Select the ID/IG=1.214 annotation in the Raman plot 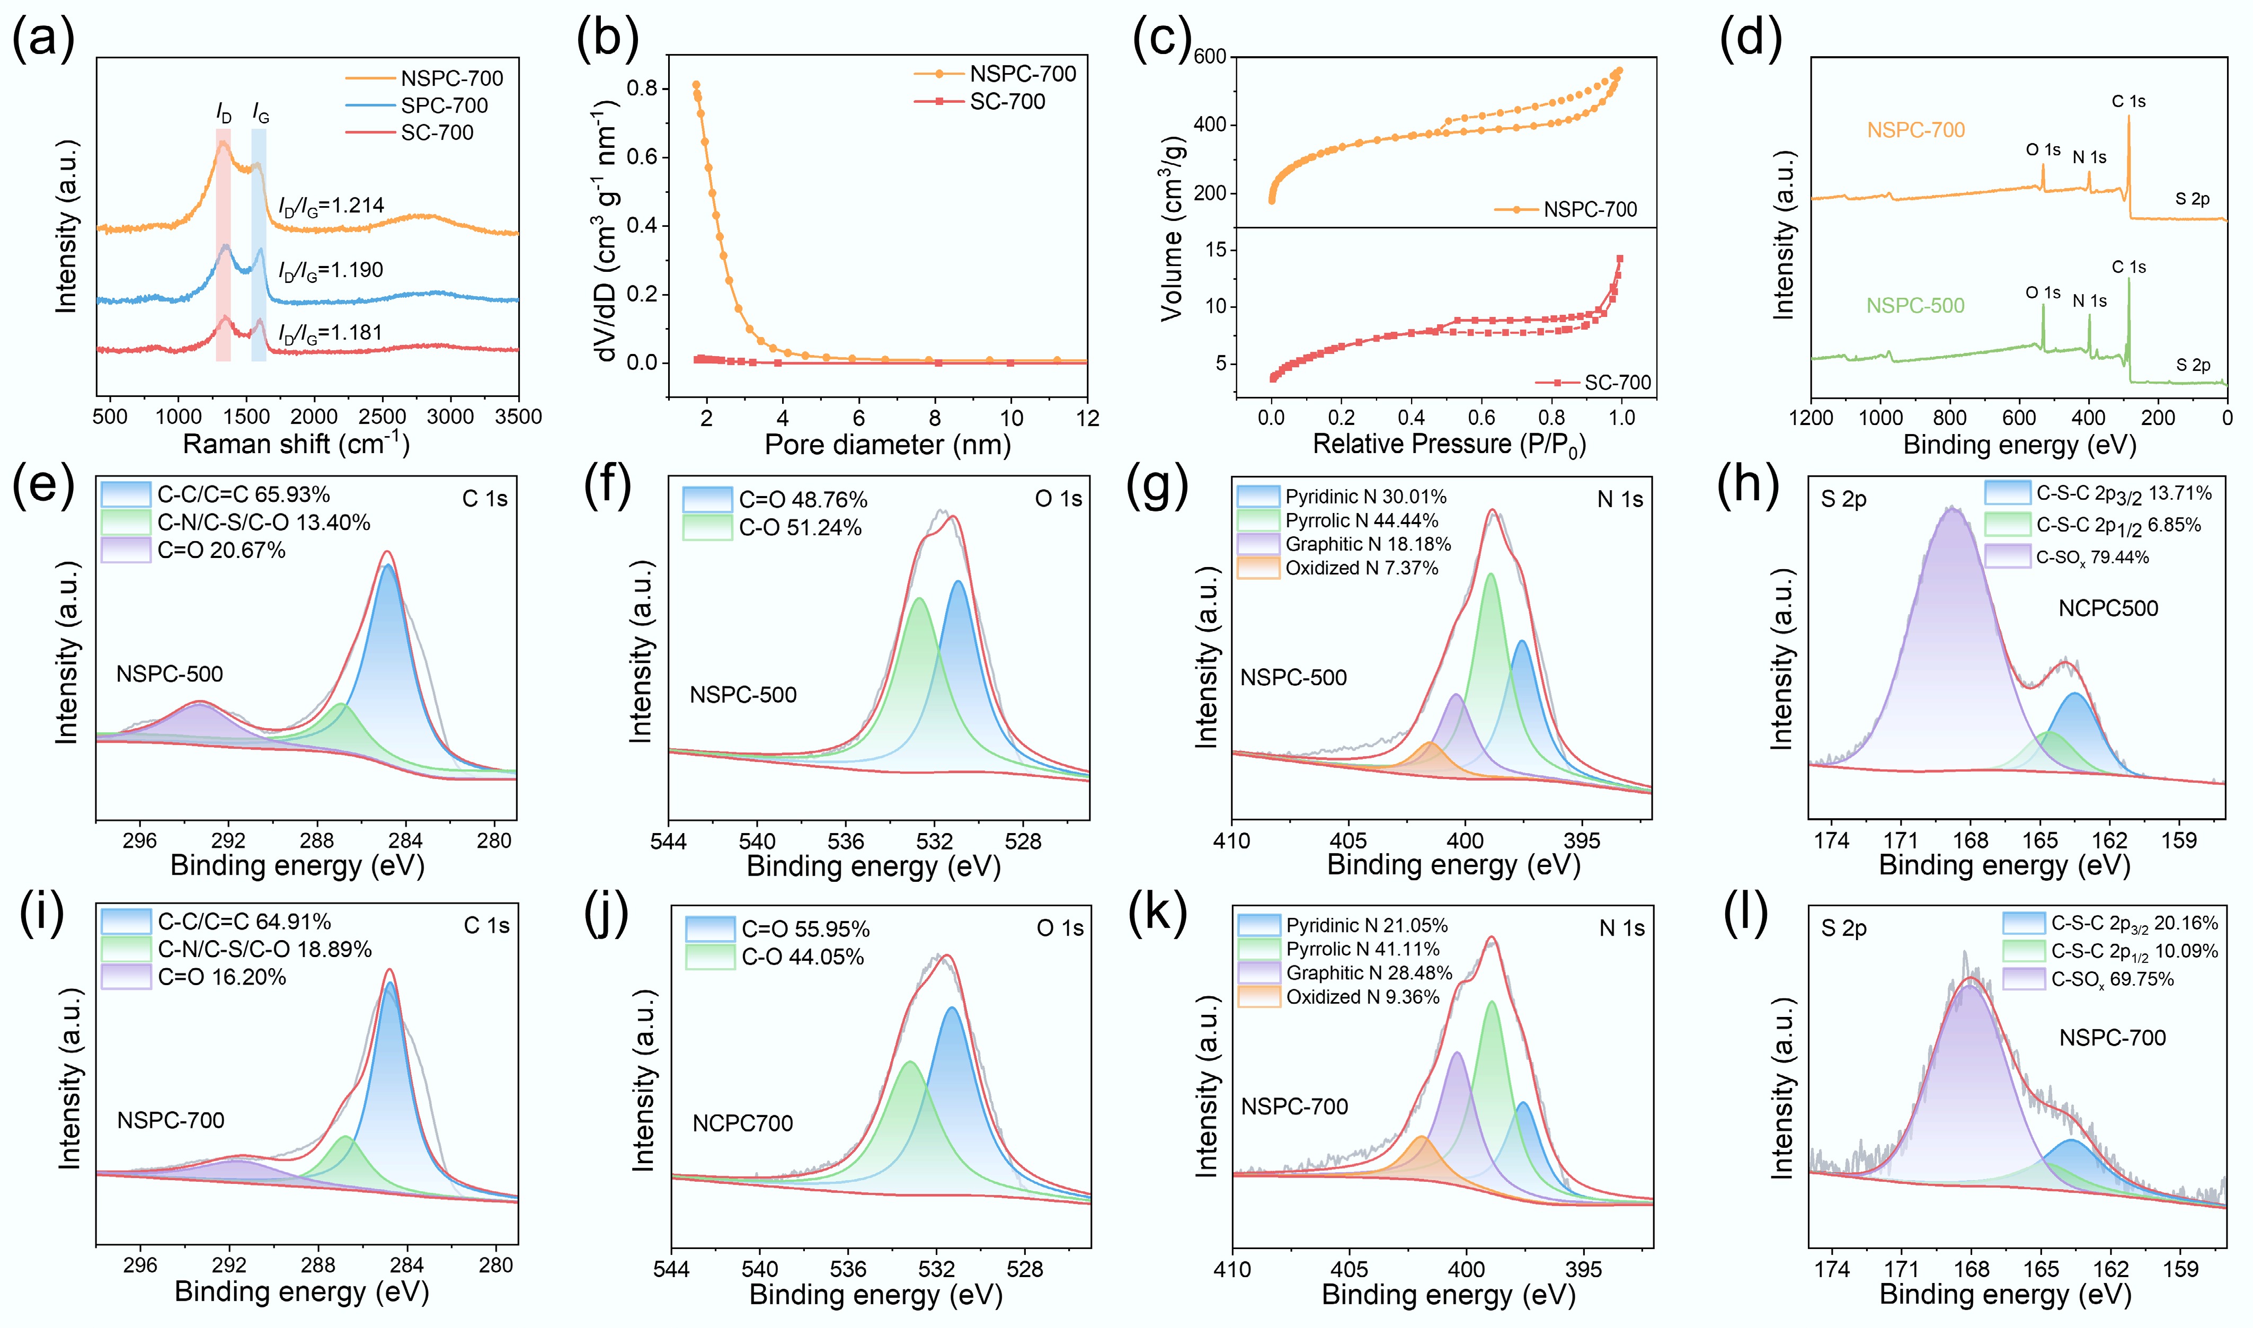tap(331, 206)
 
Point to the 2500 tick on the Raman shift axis tap(382, 417)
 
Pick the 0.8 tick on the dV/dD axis tap(642, 87)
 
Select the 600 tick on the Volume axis tap(1210, 56)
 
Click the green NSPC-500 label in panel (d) tap(1915, 306)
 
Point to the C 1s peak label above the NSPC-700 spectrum tap(2128, 101)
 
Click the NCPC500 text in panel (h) tap(2107, 608)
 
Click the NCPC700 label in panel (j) tap(743, 1123)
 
